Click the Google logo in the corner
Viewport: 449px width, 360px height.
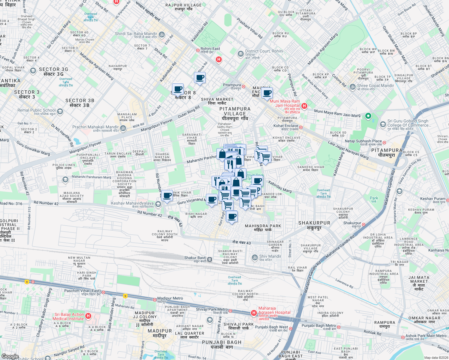click(10, 356)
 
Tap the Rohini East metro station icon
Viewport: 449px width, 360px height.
click(198, 50)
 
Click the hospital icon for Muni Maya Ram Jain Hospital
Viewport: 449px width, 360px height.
click(304, 106)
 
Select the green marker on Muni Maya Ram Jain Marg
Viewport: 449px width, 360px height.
click(368, 116)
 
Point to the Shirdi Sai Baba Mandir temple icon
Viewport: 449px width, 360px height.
click(162, 34)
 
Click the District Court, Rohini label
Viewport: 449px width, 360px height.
click(264, 51)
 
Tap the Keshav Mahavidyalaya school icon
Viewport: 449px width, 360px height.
click(158, 204)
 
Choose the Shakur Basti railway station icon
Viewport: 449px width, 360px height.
click(210, 259)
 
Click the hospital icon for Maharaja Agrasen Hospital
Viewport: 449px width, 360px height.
click(254, 313)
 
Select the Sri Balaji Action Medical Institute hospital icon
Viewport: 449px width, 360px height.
click(88, 316)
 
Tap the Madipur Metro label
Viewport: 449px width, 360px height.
click(170, 298)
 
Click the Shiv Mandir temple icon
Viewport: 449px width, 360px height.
click(255, 257)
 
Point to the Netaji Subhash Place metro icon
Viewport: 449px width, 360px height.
click(384, 142)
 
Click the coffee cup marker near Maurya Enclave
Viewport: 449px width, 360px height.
click(267, 93)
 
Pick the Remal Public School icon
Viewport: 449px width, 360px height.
click(60, 112)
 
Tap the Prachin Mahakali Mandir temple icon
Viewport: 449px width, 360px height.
click(123, 128)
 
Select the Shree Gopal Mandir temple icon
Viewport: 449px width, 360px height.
click(353, 87)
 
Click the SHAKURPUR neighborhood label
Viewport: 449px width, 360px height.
click(314, 223)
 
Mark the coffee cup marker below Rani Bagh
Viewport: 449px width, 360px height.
click(231, 216)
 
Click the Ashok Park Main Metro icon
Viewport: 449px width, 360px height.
click(402, 337)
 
